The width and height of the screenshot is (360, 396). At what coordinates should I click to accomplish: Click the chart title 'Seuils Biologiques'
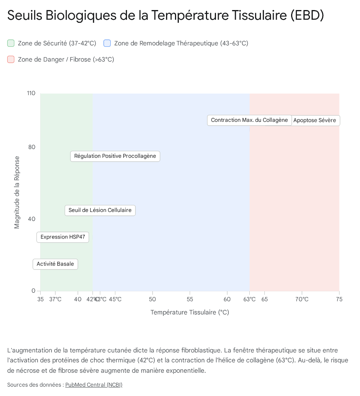[165, 15]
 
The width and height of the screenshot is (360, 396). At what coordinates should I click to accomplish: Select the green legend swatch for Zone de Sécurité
[11, 43]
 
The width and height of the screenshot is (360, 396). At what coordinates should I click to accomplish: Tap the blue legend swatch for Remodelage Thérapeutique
[107, 43]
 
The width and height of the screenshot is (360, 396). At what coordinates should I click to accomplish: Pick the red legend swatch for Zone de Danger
[11, 60]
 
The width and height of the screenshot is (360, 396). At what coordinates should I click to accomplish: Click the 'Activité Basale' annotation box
[55, 264]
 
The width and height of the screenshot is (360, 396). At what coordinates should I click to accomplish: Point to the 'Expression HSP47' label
[63, 237]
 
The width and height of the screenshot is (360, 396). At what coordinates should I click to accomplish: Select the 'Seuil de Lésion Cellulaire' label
[100, 210]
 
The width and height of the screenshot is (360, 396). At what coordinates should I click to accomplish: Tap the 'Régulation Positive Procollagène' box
[115, 156]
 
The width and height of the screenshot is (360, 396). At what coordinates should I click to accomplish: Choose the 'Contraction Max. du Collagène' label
[249, 120]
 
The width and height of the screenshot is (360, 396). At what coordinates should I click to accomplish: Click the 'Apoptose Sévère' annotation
[315, 120]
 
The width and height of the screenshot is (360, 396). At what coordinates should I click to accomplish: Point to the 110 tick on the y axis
[31, 93]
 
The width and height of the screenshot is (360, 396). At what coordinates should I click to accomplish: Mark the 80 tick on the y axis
[32, 147]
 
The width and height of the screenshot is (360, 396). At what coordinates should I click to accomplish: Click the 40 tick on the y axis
[32, 219]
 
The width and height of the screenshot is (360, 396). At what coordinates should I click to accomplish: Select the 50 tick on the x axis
[153, 299]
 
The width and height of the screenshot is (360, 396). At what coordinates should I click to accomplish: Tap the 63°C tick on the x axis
[250, 299]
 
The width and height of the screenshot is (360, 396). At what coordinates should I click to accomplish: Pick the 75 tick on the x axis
[339, 299]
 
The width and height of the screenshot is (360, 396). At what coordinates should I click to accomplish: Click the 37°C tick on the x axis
[55, 299]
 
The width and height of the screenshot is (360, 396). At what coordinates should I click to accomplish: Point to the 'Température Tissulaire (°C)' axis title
[190, 312]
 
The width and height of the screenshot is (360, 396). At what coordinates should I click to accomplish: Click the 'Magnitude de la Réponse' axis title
[17, 192]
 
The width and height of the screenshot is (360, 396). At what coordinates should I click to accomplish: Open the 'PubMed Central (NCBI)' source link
[94, 385]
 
